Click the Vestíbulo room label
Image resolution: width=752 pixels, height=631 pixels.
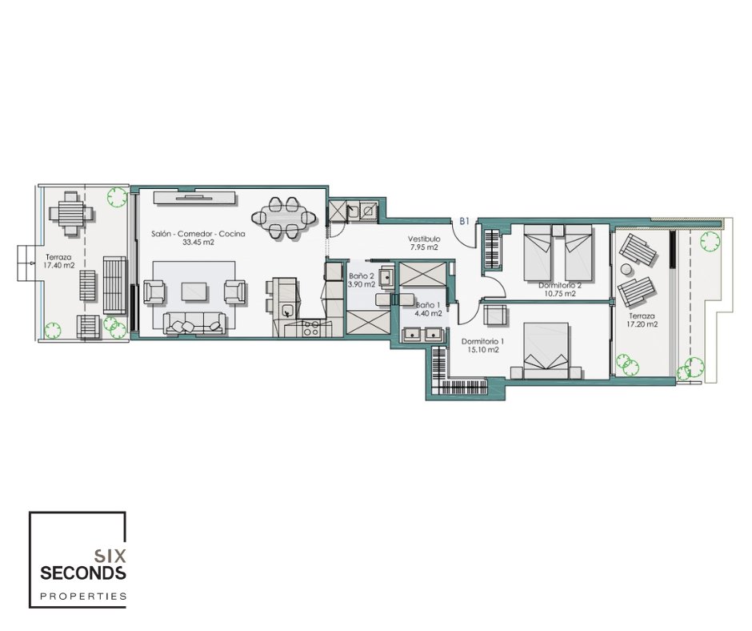pyautogui.click(x=424, y=239)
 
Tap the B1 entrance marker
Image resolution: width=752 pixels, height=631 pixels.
pyautogui.click(x=464, y=221)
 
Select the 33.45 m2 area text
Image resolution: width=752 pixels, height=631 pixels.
pyautogui.click(x=198, y=243)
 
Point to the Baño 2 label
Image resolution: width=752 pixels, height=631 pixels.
pyautogui.click(x=362, y=275)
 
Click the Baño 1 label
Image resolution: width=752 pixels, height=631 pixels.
pyautogui.click(x=428, y=305)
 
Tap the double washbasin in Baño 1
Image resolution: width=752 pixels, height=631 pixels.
pyautogui.click(x=423, y=334)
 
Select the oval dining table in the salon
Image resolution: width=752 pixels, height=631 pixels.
pyautogui.click(x=283, y=218)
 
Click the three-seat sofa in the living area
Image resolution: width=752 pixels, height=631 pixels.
pyautogui.click(x=194, y=323)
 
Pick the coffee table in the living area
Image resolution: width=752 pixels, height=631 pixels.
pyautogui.click(x=194, y=291)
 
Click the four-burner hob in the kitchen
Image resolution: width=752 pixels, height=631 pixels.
pyautogui.click(x=310, y=328)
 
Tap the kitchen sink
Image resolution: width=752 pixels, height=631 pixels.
pyautogui.click(x=288, y=310)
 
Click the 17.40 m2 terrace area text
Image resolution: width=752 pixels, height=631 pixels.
pyautogui.click(x=58, y=264)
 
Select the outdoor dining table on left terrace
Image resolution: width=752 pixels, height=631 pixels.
pyautogui.click(x=71, y=213)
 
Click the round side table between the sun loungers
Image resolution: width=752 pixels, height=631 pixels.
pyautogui.click(x=626, y=269)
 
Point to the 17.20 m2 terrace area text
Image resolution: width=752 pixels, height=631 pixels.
pyautogui.click(x=642, y=324)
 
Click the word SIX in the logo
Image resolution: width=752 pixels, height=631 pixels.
pyautogui.click(x=110, y=556)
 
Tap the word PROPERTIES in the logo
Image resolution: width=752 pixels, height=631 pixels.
pyautogui.click(x=83, y=597)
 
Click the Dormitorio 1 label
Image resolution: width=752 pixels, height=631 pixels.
pyautogui.click(x=482, y=341)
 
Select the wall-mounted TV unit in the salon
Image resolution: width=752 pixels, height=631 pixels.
pyautogui.click(x=195, y=198)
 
